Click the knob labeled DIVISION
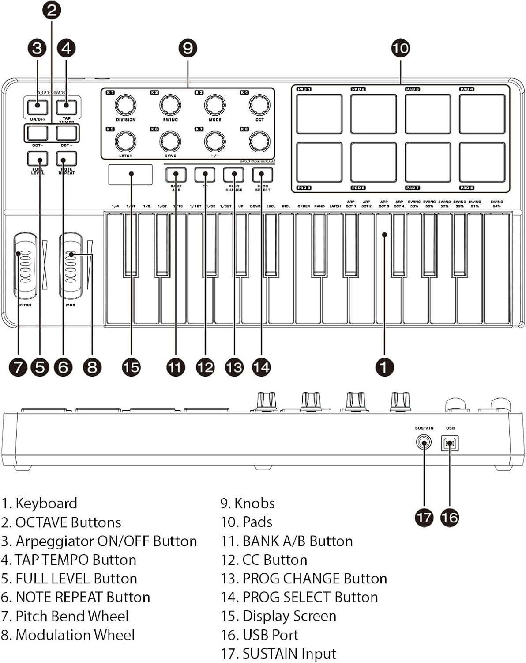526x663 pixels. [x=125, y=105]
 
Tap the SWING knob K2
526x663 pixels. [x=170, y=105]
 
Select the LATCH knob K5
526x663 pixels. [x=125, y=141]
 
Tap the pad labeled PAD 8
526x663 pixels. [x=482, y=162]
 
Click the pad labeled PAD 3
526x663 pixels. [x=428, y=114]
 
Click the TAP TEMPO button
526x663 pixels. [x=66, y=107]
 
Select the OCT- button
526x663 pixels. [x=38, y=133]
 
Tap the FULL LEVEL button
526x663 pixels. [x=38, y=158]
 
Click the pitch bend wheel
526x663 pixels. [x=25, y=267]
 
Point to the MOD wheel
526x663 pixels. [x=71, y=267]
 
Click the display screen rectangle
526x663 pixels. [x=130, y=175]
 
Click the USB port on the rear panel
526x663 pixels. [x=450, y=443]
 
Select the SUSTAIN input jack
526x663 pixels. [x=424, y=442]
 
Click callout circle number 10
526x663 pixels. [x=400, y=48]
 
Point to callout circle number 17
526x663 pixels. [x=424, y=517]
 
